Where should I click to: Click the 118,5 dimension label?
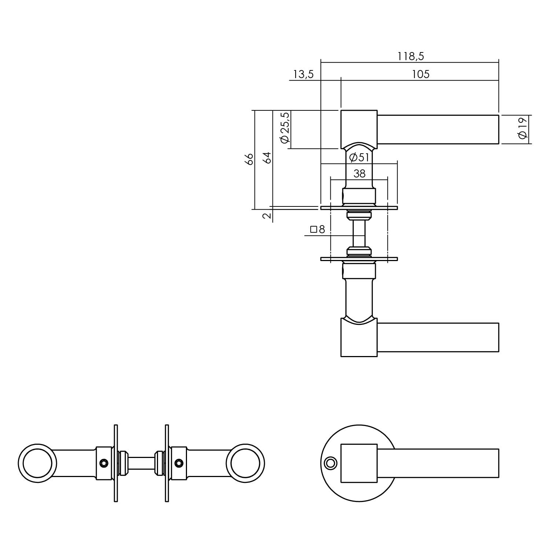411,56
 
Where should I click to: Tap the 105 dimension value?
420,74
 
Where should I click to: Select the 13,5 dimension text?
303,74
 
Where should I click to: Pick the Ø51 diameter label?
359,158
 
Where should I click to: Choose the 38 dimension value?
359,173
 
